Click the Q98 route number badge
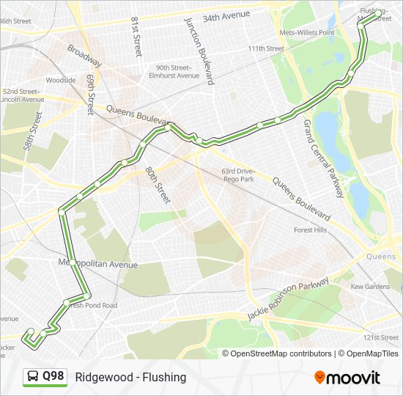(x=53, y=377)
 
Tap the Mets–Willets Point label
(x=307, y=33)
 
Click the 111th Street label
(x=265, y=49)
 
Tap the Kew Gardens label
(x=370, y=287)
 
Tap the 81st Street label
(x=136, y=37)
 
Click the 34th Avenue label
(x=226, y=15)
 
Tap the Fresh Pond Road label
(x=91, y=305)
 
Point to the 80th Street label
(x=157, y=185)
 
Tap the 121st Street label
(x=381, y=337)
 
